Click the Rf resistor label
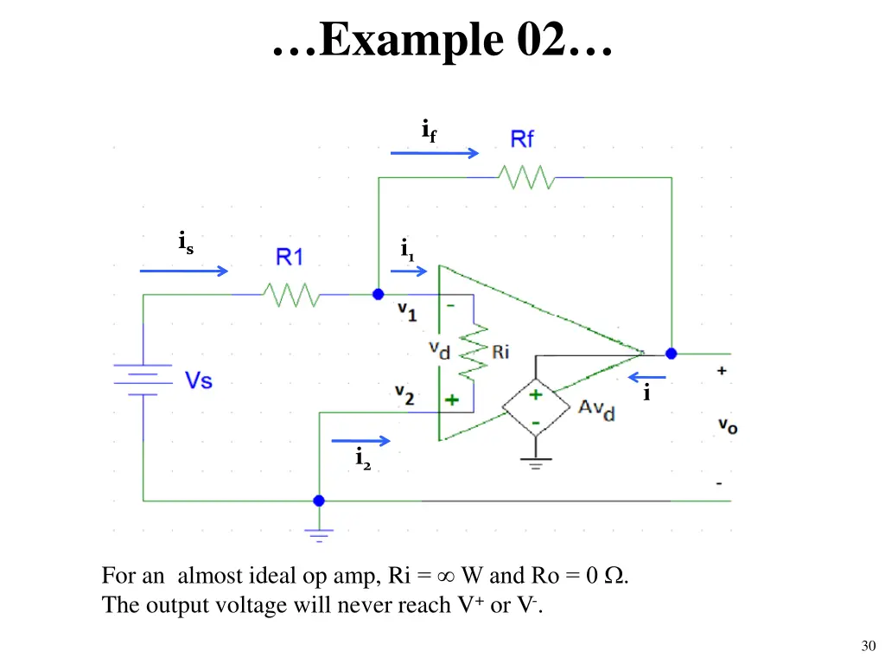pos(522,139)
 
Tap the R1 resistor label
pos(290,257)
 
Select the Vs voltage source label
pos(199,380)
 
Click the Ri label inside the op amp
pos(500,352)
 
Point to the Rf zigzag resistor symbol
pos(525,178)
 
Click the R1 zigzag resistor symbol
pos(293,295)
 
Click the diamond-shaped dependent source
pos(536,407)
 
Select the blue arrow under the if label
pos(434,153)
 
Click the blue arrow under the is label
pos(184,271)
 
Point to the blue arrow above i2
pos(360,440)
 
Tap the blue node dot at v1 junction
pos(378,295)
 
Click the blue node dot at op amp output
pos(671,354)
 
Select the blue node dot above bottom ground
pos(319,501)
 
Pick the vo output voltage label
pos(728,425)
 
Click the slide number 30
pos(869,646)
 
